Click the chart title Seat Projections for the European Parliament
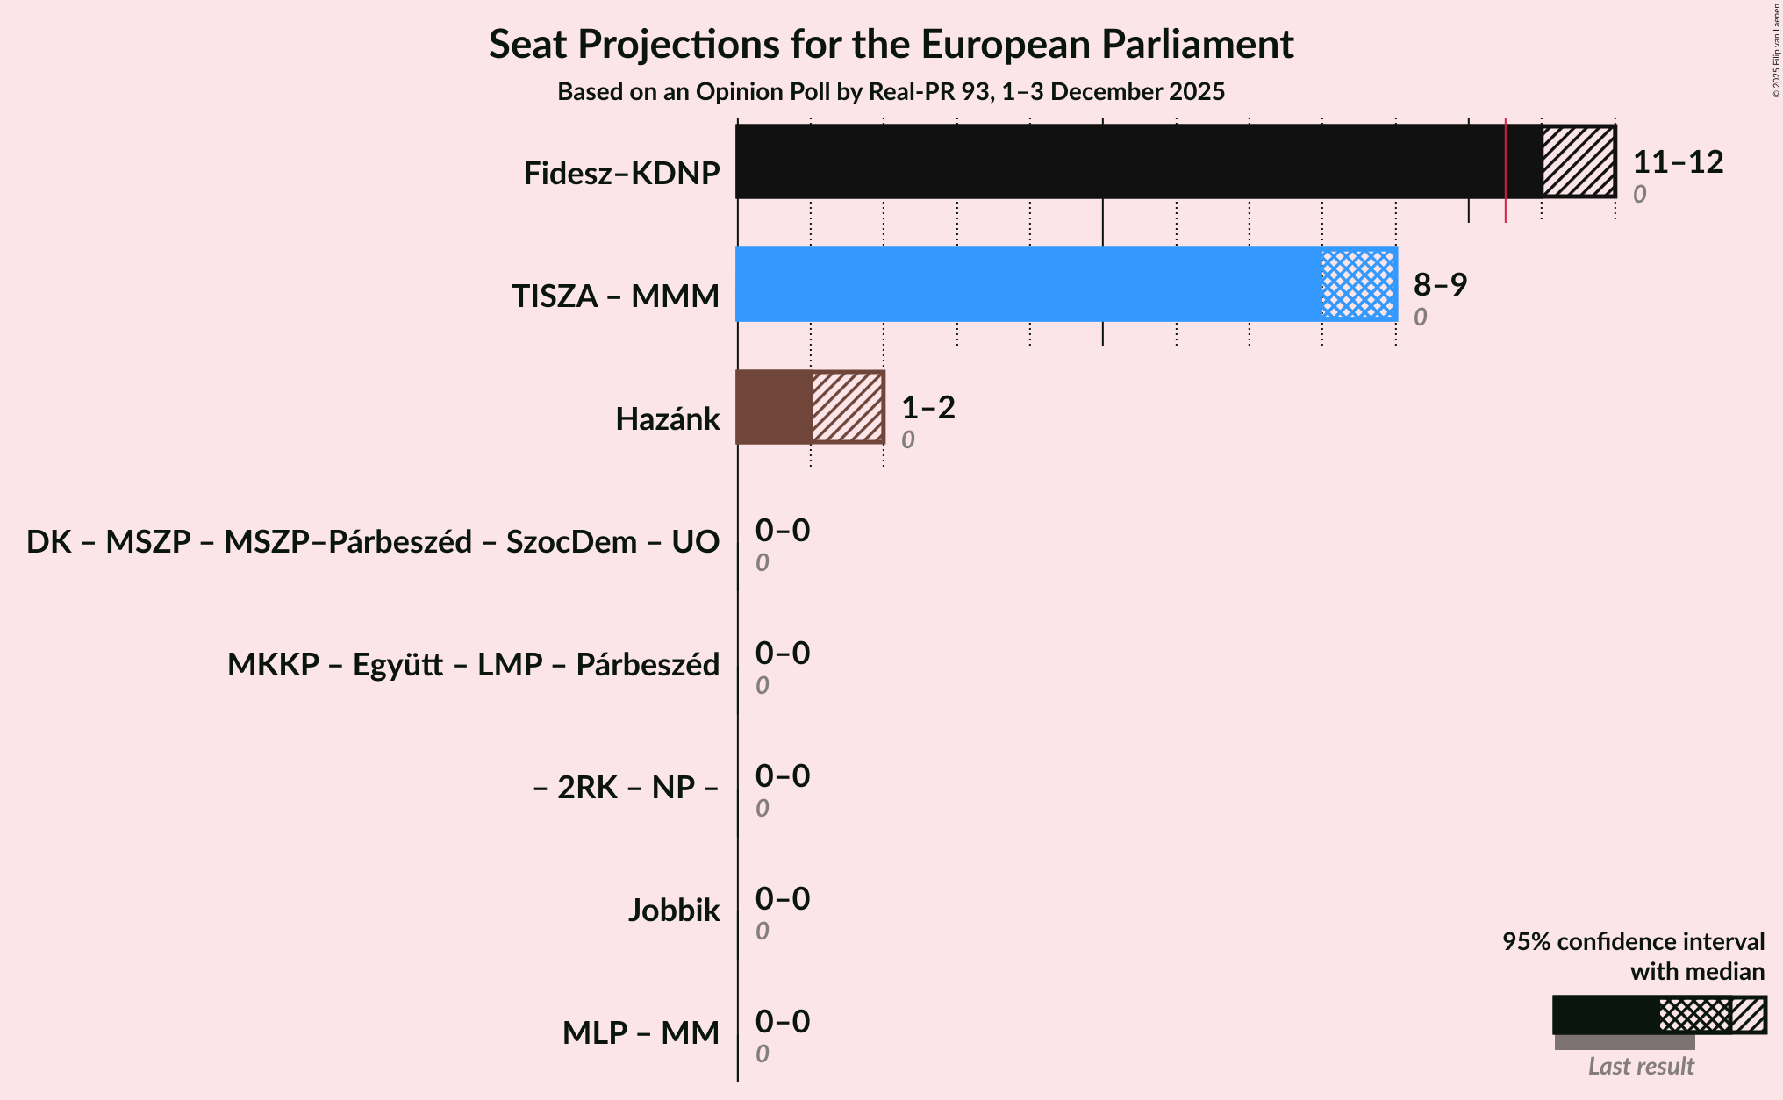[x=891, y=44]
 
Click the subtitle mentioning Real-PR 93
[x=891, y=92]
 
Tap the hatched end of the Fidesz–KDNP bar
[x=1579, y=161]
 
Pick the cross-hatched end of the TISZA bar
[x=1358, y=284]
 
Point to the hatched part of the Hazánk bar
[x=847, y=407]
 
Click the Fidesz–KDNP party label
[x=621, y=174]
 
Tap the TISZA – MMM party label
[x=615, y=296]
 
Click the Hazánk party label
[x=667, y=419]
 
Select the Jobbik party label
[x=673, y=911]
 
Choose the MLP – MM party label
[x=641, y=1033]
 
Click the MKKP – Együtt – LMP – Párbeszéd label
[x=473, y=665]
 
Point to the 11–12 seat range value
[x=1678, y=162]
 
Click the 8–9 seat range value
[x=1440, y=285]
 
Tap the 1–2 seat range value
[x=927, y=408]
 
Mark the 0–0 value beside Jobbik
[x=782, y=899]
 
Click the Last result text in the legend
[x=1640, y=1067]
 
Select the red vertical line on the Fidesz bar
[x=1506, y=167]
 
